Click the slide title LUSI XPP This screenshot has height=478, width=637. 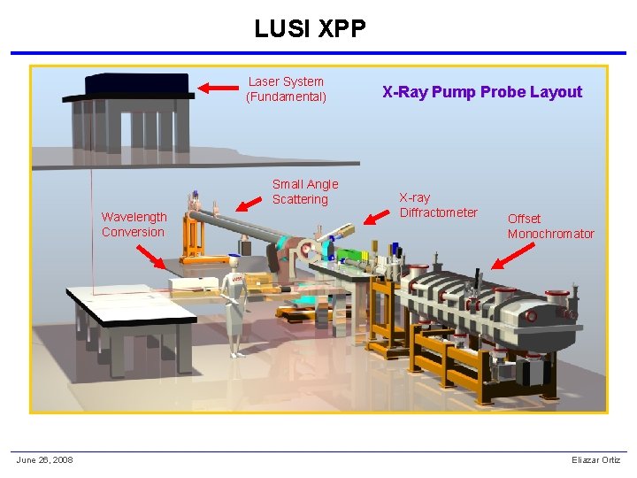click(x=310, y=29)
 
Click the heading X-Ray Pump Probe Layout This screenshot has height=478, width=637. click(x=482, y=92)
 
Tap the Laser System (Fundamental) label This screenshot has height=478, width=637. click(x=286, y=89)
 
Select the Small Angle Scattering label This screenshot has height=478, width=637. click(x=304, y=192)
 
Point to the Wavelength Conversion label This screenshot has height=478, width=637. click(x=134, y=225)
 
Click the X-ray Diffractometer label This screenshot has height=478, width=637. click(x=438, y=205)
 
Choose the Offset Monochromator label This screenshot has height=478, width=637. click(x=550, y=226)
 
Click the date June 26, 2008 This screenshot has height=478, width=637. click(x=44, y=459)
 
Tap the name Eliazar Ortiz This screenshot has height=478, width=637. click(x=596, y=459)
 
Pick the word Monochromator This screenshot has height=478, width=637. click(x=550, y=234)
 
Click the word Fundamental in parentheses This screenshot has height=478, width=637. click(x=286, y=96)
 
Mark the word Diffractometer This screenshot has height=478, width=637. click(x=438, y=212)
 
